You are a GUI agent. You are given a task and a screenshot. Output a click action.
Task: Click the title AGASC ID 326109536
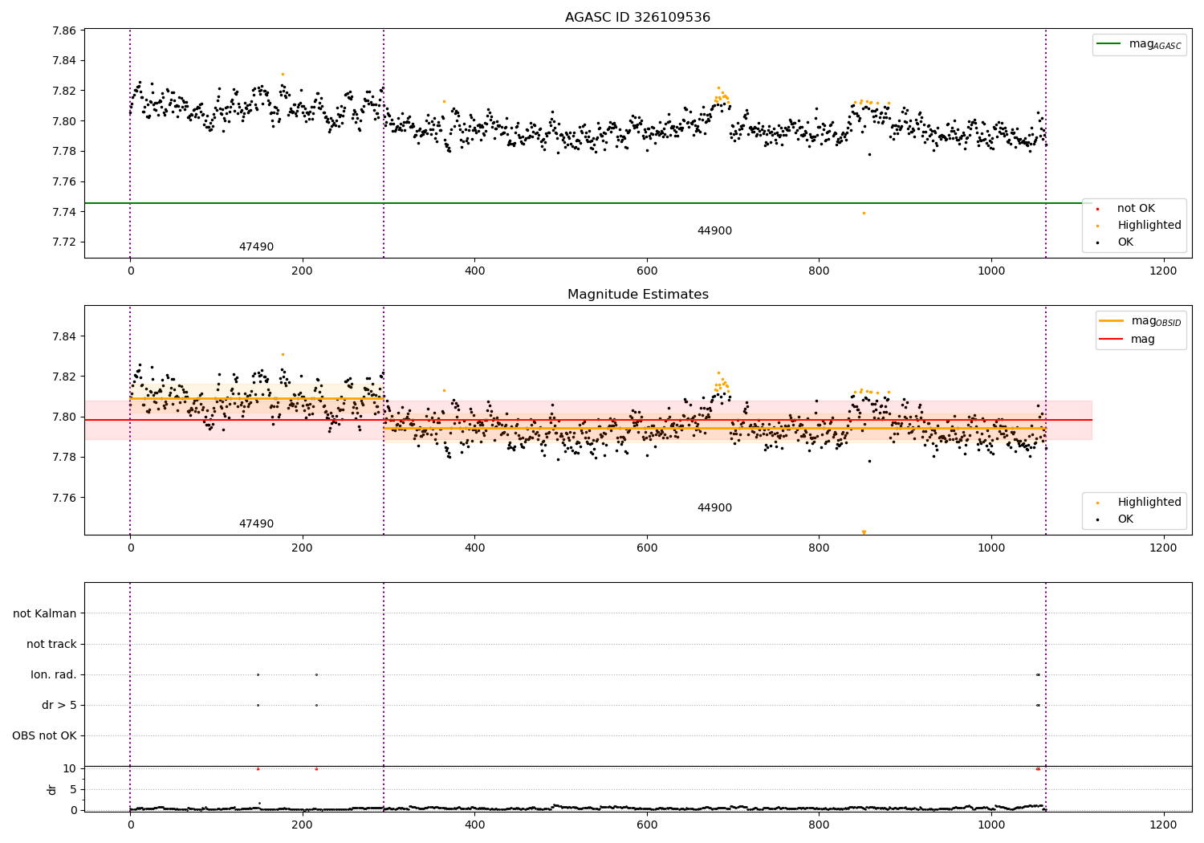(637, 18)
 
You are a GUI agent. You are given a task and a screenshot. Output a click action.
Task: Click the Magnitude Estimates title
(637, 295)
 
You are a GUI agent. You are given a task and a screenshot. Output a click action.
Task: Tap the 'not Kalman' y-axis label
(45, 613)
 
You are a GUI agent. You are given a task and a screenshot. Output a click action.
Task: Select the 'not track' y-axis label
(51, 644)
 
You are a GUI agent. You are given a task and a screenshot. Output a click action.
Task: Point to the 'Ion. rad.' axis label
(54, 674)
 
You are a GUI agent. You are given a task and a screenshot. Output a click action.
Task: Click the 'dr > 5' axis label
(59, 705)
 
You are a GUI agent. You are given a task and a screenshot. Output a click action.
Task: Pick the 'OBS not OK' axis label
(45, 735)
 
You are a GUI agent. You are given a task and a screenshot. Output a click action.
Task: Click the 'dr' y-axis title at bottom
(52, 789)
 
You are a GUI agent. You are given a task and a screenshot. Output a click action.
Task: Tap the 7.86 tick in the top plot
(64, 31)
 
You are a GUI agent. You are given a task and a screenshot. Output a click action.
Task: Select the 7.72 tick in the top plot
(64, 242)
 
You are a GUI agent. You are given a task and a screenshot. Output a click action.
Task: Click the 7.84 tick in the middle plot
(64, 336)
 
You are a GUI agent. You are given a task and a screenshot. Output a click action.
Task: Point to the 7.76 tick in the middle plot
(64, 498)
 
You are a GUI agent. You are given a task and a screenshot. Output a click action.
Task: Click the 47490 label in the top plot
(256, 247)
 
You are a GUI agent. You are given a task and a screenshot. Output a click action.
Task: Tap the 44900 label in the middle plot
(714, 508)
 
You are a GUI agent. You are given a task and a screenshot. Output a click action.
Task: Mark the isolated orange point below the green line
(864, 213)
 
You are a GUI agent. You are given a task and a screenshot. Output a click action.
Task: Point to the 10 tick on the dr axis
(70, 768)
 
